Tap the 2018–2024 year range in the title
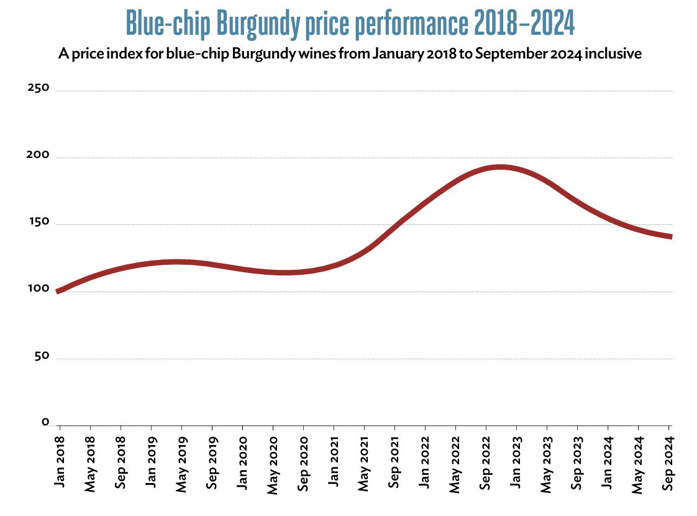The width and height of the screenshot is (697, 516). coord(524,24)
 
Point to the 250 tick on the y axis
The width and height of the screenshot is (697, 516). coord(38,88)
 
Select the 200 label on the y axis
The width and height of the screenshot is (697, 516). coord(38,155)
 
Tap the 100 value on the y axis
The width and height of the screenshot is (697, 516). coord(38,290)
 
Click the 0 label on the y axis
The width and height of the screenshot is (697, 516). coord(45,423)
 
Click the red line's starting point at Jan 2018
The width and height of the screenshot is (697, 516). coord(58,291)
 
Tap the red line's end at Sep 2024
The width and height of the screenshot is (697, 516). coord(670,236)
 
